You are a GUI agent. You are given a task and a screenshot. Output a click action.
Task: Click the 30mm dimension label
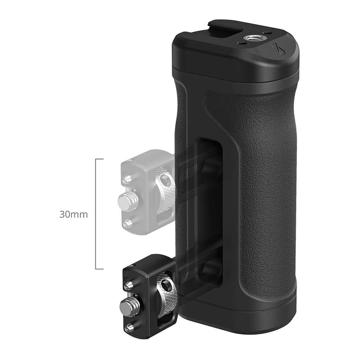pyautogui.click(x=73, y=215)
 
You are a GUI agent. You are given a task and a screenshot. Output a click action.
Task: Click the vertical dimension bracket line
pyautogui.click(x=96, y=214)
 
